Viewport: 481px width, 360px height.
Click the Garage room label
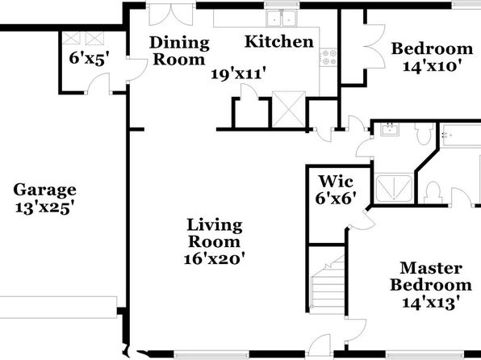tap(44, 190)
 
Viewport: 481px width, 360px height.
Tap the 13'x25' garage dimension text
tap(45, 207)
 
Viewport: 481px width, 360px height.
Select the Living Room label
tap(215, 233)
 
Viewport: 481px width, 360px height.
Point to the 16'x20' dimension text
tap(215, 258)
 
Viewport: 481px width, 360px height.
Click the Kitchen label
tap(279, 41)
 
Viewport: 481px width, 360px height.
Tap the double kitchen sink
tap(282, 18)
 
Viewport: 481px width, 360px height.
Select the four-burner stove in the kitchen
tap(328, 57)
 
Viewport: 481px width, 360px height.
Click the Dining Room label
tap(179, 51)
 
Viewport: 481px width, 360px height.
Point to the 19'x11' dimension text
tap(238, 74)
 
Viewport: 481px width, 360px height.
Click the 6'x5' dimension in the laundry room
tap(90, 58)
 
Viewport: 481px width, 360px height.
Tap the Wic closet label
tap(336, 181)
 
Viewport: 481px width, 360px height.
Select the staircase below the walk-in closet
tap(327, 284)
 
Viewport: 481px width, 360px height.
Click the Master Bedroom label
tap(431, 276)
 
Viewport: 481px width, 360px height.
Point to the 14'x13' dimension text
tap(431, 303)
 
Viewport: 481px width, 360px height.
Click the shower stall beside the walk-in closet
tap(394, 188)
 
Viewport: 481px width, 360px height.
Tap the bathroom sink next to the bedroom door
tap(390, 129)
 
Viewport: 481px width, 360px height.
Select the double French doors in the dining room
tap(171, 15)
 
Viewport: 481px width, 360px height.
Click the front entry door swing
tap(320, 345)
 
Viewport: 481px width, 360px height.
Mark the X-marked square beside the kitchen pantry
tap(289, 109)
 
